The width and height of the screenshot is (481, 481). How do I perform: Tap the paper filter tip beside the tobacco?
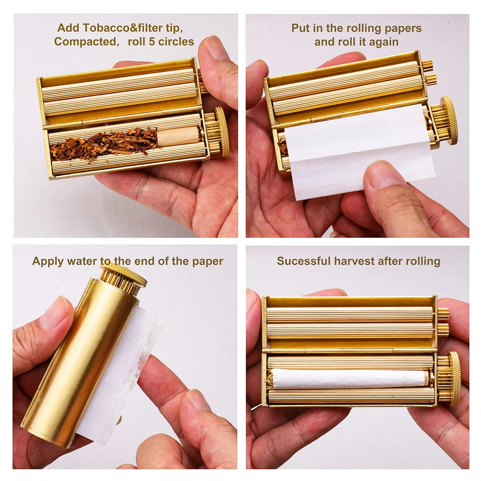coord(177,137)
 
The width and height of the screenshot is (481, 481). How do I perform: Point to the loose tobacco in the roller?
coord(103,142)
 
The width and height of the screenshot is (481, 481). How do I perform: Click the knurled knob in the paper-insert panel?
coord(448,120)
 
